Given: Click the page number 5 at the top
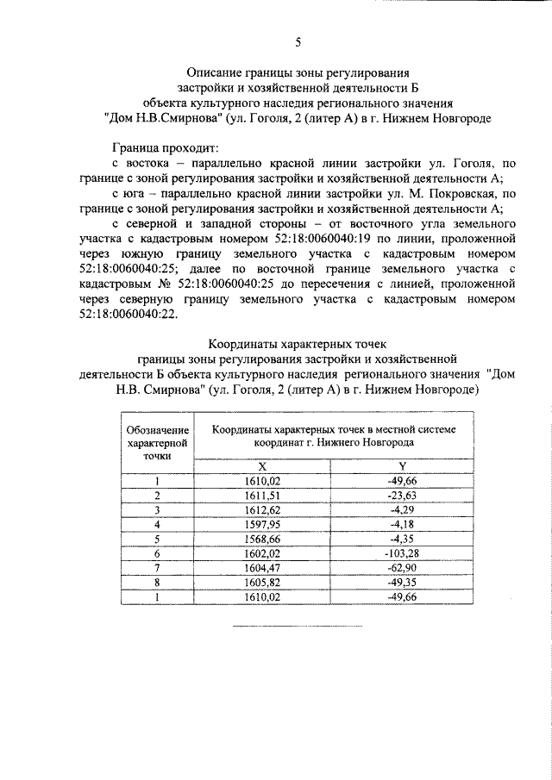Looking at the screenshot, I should pos(298,41).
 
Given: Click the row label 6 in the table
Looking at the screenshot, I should pos(157,553).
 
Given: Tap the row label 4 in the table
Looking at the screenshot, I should pos(157,524).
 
